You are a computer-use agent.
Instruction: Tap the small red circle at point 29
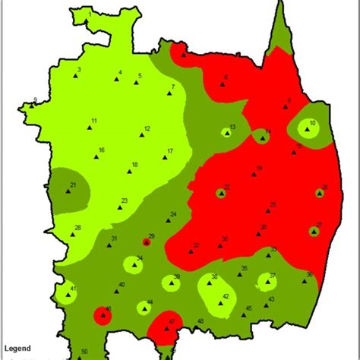click(x=147, y=242)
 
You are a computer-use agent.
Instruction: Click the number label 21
click(x=73, y=185)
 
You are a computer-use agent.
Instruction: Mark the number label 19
click(x=260, y=168)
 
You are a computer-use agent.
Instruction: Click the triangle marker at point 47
click(x=167, y=329)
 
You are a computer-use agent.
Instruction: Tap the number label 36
click(x=309, y=275)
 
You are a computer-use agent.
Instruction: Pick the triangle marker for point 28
click(x=73, y=234)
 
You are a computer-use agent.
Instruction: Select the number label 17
click(x=170, y=151)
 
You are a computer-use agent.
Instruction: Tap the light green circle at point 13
click(x=226, y=132)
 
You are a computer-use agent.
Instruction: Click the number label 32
click(x=196, y=245)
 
